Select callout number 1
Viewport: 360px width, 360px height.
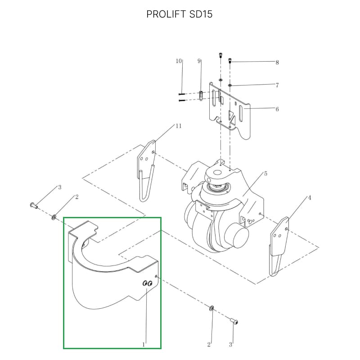[x=144, y=344]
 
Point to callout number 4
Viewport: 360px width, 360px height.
[x=310, y=198]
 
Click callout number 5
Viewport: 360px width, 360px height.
[x=266, y=173]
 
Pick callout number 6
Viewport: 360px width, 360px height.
[x=277, y=109]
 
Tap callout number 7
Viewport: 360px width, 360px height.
[x=277, y=85]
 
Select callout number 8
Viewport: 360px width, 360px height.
[x=277, y=63]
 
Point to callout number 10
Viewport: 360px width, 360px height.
[x=179, y=61]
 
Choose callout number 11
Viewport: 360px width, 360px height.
[x=179, y=126]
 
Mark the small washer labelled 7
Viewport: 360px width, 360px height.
[x=230, y=85]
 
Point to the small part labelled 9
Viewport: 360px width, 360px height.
[x=201, y=95]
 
